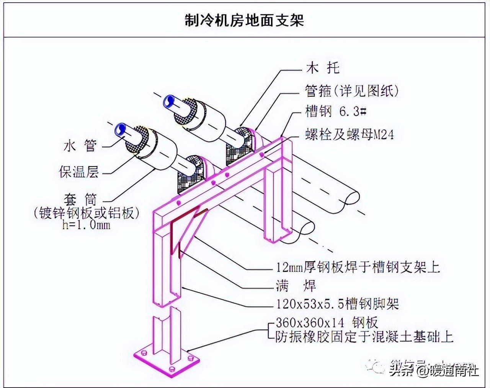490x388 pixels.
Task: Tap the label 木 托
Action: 323,69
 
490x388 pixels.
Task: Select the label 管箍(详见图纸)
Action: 352,91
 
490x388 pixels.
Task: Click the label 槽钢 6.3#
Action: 336,112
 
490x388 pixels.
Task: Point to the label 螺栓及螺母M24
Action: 349,135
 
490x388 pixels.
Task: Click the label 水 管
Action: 80,146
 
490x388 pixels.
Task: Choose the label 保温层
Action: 78,171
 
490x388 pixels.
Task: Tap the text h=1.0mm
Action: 86,225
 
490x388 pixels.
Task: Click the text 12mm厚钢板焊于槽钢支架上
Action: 358,267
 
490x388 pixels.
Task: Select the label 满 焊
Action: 296,286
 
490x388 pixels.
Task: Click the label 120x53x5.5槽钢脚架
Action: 337,304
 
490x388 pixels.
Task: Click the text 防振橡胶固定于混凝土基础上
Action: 364,337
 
